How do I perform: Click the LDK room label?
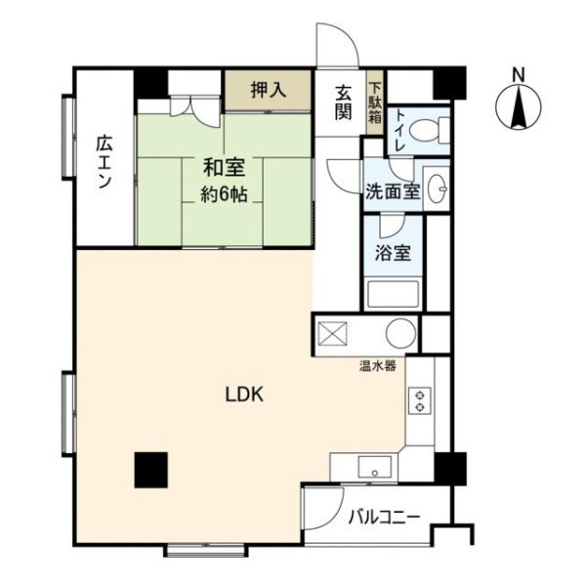(x=244, y=395)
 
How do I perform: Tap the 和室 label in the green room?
(x=225, y=167)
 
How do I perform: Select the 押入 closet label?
(x=269, y=90)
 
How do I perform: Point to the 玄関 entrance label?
(x=343, y=103)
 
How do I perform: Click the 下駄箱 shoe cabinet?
(x=375, y=103)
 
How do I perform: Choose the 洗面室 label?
(x=393, y=191)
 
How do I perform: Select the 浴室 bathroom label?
(x=393, y=253)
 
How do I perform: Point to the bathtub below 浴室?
(x=393, y=294)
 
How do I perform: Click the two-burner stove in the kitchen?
(x=420, y=400)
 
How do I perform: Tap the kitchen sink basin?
(x=374, y=467)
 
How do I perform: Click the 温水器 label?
(x=377, y=366)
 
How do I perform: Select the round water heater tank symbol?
(x=401, y=333)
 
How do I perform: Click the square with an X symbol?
(x=332, y=334)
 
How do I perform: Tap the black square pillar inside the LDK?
(x=151, y=470)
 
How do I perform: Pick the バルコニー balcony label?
(x=384, y=518)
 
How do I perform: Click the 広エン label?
(x=104, y=162)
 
